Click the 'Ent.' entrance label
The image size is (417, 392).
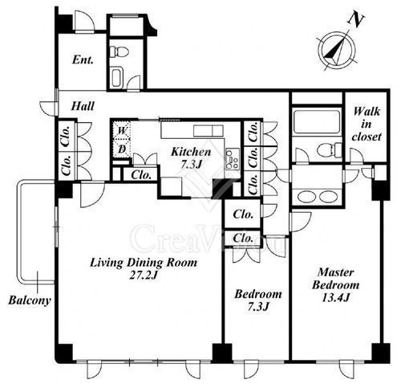point(83,59)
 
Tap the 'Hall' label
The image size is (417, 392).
point(83,106)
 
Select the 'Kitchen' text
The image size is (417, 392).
point(191,152)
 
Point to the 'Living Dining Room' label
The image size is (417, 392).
point(144,263)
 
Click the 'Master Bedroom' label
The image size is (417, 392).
point(336,279)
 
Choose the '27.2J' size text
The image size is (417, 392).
point(143,276)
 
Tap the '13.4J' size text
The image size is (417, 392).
point(335,297)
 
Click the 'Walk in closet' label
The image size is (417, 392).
point(366,124)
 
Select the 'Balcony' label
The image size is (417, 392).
point(30,300)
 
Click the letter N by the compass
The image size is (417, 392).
point(356,20)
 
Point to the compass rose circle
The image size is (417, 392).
point(337,50)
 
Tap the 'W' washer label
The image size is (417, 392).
point(122,131)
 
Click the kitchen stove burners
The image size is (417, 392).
point(232,159)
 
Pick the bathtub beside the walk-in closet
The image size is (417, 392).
point(317,120)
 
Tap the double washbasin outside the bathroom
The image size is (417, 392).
point(317,196)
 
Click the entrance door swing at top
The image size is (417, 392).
point(84,22)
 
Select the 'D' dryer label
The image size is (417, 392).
point(122,149)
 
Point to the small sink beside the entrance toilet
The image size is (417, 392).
point(116,78)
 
